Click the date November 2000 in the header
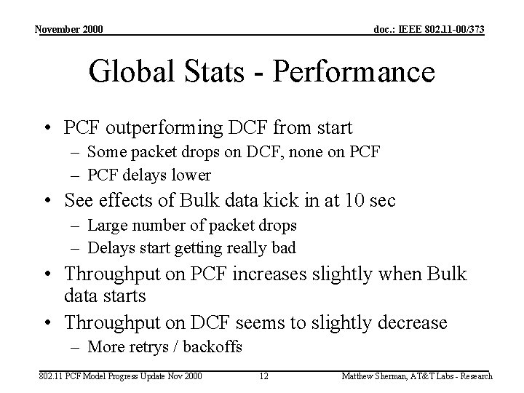click(x=70, y=29)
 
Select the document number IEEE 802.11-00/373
click(x=429, y=29)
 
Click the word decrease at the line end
click(x=410, y=322)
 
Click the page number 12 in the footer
click(x=264, y=376)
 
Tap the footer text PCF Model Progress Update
click(x=109, y=376)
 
